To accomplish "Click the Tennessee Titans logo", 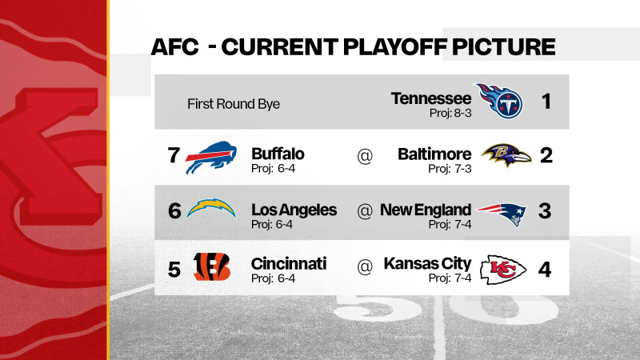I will click(499, 101).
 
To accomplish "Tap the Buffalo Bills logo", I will click(213, 157).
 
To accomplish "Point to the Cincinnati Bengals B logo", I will click(212, 266).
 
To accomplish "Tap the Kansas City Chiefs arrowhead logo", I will click(503, 270).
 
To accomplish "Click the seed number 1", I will click(546, 102).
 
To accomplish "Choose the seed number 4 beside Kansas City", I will click(545, 268).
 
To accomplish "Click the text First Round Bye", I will click(234, 104).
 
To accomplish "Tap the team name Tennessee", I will click(431, 98).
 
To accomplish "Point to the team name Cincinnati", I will click(289, 263).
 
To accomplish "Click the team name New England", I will click(426, 210).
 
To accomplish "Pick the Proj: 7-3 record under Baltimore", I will click(450, 168).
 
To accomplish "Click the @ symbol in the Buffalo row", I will click(365, 157).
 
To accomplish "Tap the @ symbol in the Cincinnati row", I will click(365, 267).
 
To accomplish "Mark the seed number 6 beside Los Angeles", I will click(174, 210).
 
